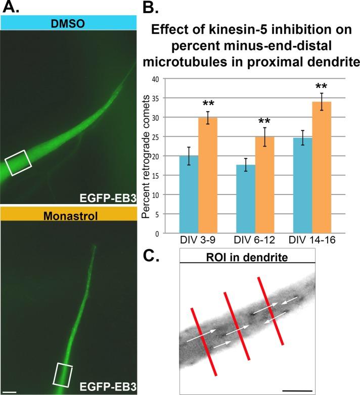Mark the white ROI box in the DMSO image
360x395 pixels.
(18, 165)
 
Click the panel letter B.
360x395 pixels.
(153, 9)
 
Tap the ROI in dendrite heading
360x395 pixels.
(247, 257)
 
